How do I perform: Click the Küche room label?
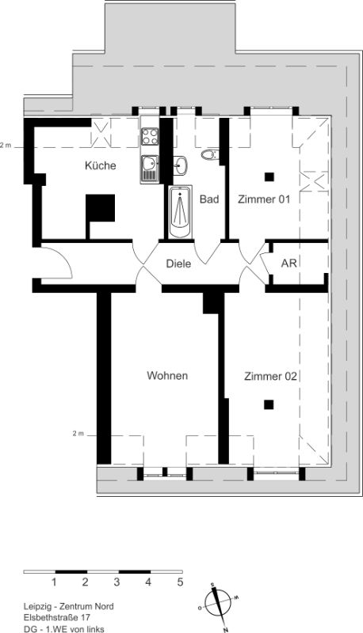coord(100,165)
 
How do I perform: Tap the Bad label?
coord(209,199)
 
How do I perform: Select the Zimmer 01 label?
coord(264,199)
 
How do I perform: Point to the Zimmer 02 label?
coord(270,377)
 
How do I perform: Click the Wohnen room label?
coord(167,375)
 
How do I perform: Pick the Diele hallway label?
coord(178,264)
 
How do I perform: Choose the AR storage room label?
coord(289,263)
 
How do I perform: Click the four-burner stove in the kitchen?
coord(150,136)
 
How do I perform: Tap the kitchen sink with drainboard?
coord(150,169)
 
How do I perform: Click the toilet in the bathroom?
coord(210,154)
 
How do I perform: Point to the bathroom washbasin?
coord(180,165)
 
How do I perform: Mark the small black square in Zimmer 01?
coord(269,176)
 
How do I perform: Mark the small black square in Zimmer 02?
coord(269,404)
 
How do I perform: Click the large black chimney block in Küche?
coord(100,208)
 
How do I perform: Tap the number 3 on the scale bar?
coord(117,582)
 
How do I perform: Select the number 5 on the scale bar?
coord(180,582)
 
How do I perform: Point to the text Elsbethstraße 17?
coord(56,618)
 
